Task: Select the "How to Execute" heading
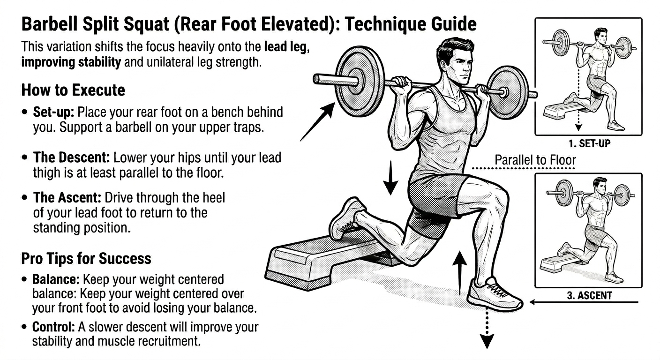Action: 73,90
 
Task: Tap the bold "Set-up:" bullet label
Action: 53,112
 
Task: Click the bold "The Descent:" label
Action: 71,157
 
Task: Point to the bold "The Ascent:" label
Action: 67,197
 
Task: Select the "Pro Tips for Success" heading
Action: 86,258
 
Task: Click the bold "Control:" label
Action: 53,327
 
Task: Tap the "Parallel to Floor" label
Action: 535,160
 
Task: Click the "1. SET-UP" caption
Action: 590,144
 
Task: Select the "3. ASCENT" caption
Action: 589,295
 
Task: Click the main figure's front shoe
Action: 495,294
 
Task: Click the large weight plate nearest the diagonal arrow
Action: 360,81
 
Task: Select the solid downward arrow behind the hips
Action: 390,178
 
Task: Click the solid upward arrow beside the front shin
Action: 460,273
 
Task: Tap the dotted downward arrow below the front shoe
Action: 487,330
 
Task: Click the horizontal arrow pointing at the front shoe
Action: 584,302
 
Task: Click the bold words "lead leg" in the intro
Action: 285,47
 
